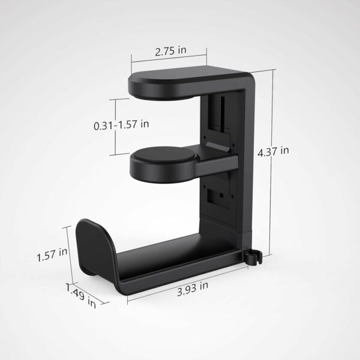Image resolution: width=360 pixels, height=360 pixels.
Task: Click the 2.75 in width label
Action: pyautogui.click(x=169, y=52)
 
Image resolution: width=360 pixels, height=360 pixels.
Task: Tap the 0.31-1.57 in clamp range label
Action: pyautogui.click(x=121, y=125)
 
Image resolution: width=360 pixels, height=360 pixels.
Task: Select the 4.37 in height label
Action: pyautogui.click(x=273, y=152)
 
